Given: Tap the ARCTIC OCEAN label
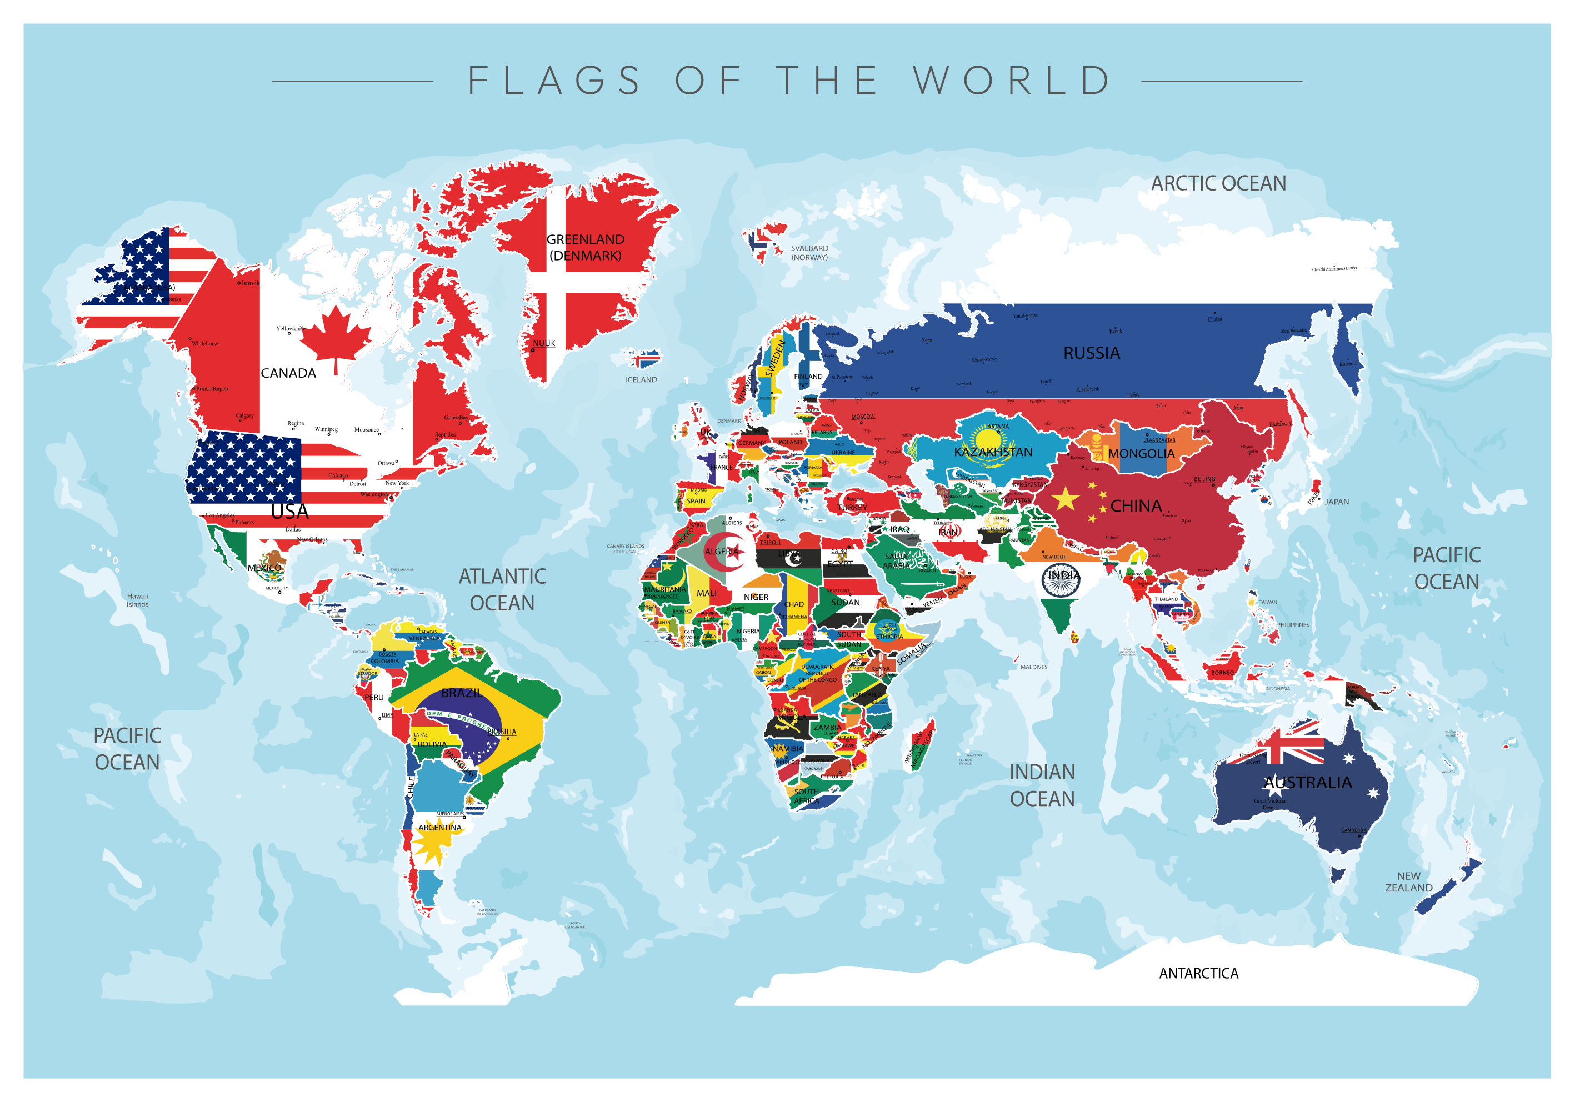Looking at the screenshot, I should coord(1218,184).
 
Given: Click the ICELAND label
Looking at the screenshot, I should coord(641,380).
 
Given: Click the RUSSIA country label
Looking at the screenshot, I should coord(1091,353).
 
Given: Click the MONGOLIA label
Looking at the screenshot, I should coord(1141,454).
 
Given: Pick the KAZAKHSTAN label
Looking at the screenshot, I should coord(993,452).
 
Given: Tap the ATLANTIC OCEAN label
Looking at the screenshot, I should coord(502,590).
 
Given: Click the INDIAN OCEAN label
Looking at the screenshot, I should coord(1042,785).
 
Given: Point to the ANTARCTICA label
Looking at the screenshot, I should coord(1198,973).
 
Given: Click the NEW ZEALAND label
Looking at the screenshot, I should coord(1408,882).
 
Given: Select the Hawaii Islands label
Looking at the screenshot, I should coord(137,600).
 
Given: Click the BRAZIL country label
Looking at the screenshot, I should coord(461,693).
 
